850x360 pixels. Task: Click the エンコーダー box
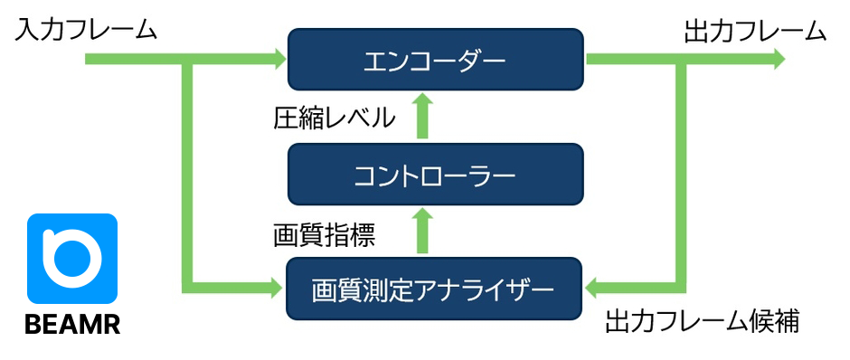pyautogui.click(x=435, y=60)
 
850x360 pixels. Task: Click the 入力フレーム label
pyautogui.click(x=86, y=31)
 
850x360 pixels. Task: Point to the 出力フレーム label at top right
pyautogui.click(x=755, y=31)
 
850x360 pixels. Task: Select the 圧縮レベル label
pyautogui.click(x=334, y=118)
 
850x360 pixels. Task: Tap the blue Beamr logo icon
pyautogui.click(x=72, y=259)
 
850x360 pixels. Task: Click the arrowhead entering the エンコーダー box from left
pyautogui.click(x=277, y=60)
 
